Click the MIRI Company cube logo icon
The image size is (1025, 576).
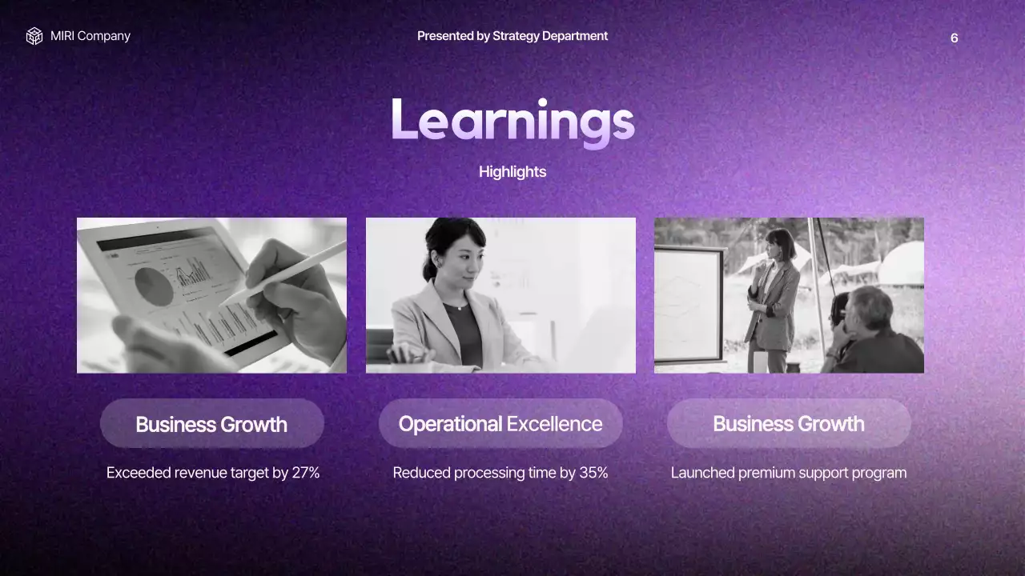34,36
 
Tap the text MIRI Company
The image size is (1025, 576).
90,36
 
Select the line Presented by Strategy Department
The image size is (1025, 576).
512,36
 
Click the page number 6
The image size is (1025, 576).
954,38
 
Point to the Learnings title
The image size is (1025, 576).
512,122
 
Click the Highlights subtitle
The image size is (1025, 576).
512,172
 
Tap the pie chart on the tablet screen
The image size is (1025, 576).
153,286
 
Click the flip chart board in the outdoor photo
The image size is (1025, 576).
689,304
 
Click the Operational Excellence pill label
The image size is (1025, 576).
500,424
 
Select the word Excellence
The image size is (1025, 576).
554,424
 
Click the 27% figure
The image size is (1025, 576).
306,473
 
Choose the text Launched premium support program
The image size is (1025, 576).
789,473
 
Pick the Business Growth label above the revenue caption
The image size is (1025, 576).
211,424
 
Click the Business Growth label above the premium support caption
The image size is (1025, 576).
789,424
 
